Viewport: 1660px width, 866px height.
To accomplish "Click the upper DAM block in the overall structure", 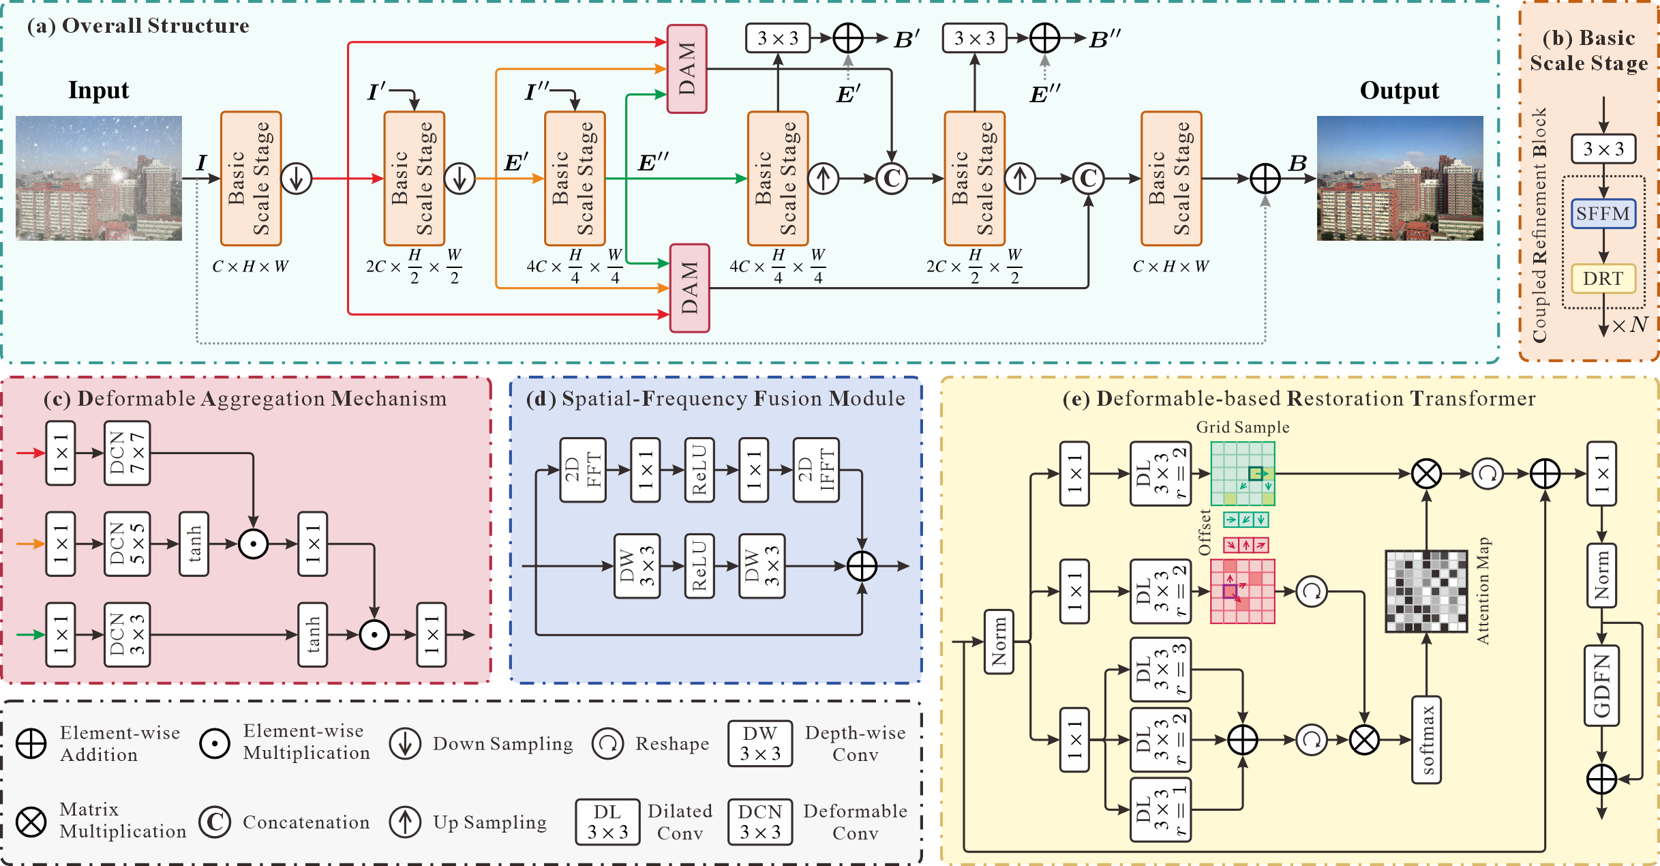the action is click(686, 69).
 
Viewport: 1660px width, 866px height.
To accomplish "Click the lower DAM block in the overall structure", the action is click(689, 288).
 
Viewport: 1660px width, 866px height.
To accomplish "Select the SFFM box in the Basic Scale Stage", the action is click(1603, 213).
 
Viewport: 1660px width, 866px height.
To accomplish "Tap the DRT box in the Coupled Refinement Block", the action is click(1603, 278).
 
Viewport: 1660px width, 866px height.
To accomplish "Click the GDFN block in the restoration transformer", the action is click(1601, 685).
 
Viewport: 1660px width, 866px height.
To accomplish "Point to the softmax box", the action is click(1426, 740).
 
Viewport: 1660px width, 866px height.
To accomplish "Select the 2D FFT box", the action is click(583, 470).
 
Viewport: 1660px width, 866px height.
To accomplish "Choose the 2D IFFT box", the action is click(816, 470).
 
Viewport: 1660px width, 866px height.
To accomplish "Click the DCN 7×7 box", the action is click(127, 453).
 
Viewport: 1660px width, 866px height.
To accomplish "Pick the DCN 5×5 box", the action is click(127, 543).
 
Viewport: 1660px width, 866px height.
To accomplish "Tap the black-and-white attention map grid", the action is click(1426, 591).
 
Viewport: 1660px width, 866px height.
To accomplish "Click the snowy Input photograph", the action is click(99, 178).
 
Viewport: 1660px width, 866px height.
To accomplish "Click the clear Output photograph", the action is click(1400, 178).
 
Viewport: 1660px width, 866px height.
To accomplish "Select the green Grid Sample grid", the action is click(1242, 473).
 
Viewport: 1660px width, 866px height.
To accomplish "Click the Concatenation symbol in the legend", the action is click(215, 822).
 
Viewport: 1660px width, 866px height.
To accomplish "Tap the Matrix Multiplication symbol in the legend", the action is click(31, 822).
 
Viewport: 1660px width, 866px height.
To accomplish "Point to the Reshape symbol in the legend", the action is click(607, 743).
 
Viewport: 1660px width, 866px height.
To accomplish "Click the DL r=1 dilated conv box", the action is click(1160, 809).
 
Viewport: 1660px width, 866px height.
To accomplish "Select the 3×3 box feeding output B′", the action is click(778, 38).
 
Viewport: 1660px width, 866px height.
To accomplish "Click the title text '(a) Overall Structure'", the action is click(138, 25).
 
